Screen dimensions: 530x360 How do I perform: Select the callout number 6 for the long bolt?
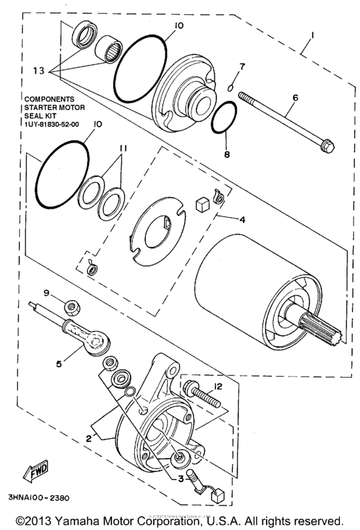click(x=295, y=98)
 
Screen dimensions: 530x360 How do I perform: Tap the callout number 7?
click(x=242, y=67)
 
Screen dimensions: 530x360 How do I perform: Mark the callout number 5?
click(x=59, y=363)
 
